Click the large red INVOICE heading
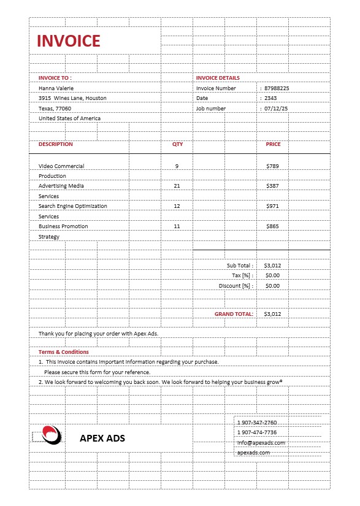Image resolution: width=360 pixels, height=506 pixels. [x=68, y=41]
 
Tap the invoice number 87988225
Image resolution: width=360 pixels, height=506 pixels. [x=277, y=88]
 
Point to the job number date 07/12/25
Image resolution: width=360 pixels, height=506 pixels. [x=276, y=109]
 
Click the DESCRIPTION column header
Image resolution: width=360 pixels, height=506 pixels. [x=55, y=145]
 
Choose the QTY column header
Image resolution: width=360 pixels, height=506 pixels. [x=177, y=145]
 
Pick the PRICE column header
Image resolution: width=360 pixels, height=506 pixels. [x=273, y=145]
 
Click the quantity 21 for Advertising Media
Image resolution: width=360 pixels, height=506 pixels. [x=177, y=186]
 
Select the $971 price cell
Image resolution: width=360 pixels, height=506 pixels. [x=272, y=206]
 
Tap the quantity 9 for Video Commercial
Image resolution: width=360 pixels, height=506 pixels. [x=177, y=166]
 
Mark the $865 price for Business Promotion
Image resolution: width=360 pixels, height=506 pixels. [x=272, y=226]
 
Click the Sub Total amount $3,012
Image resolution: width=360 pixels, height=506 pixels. [x=272, y=266]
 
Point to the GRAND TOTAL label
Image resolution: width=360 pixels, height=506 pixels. [x=233, y=314]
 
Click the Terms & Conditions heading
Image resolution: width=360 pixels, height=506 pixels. [x=63, y=352]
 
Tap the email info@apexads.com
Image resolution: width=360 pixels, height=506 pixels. [x=261, y=443]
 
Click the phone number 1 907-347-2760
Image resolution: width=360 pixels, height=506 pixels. [x=257, y=423]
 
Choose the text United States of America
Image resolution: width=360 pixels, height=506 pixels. [x=69, y=118]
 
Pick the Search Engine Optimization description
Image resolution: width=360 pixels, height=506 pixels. [x=72, y=206]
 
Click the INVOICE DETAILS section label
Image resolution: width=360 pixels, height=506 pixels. [x=218, y=78]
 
